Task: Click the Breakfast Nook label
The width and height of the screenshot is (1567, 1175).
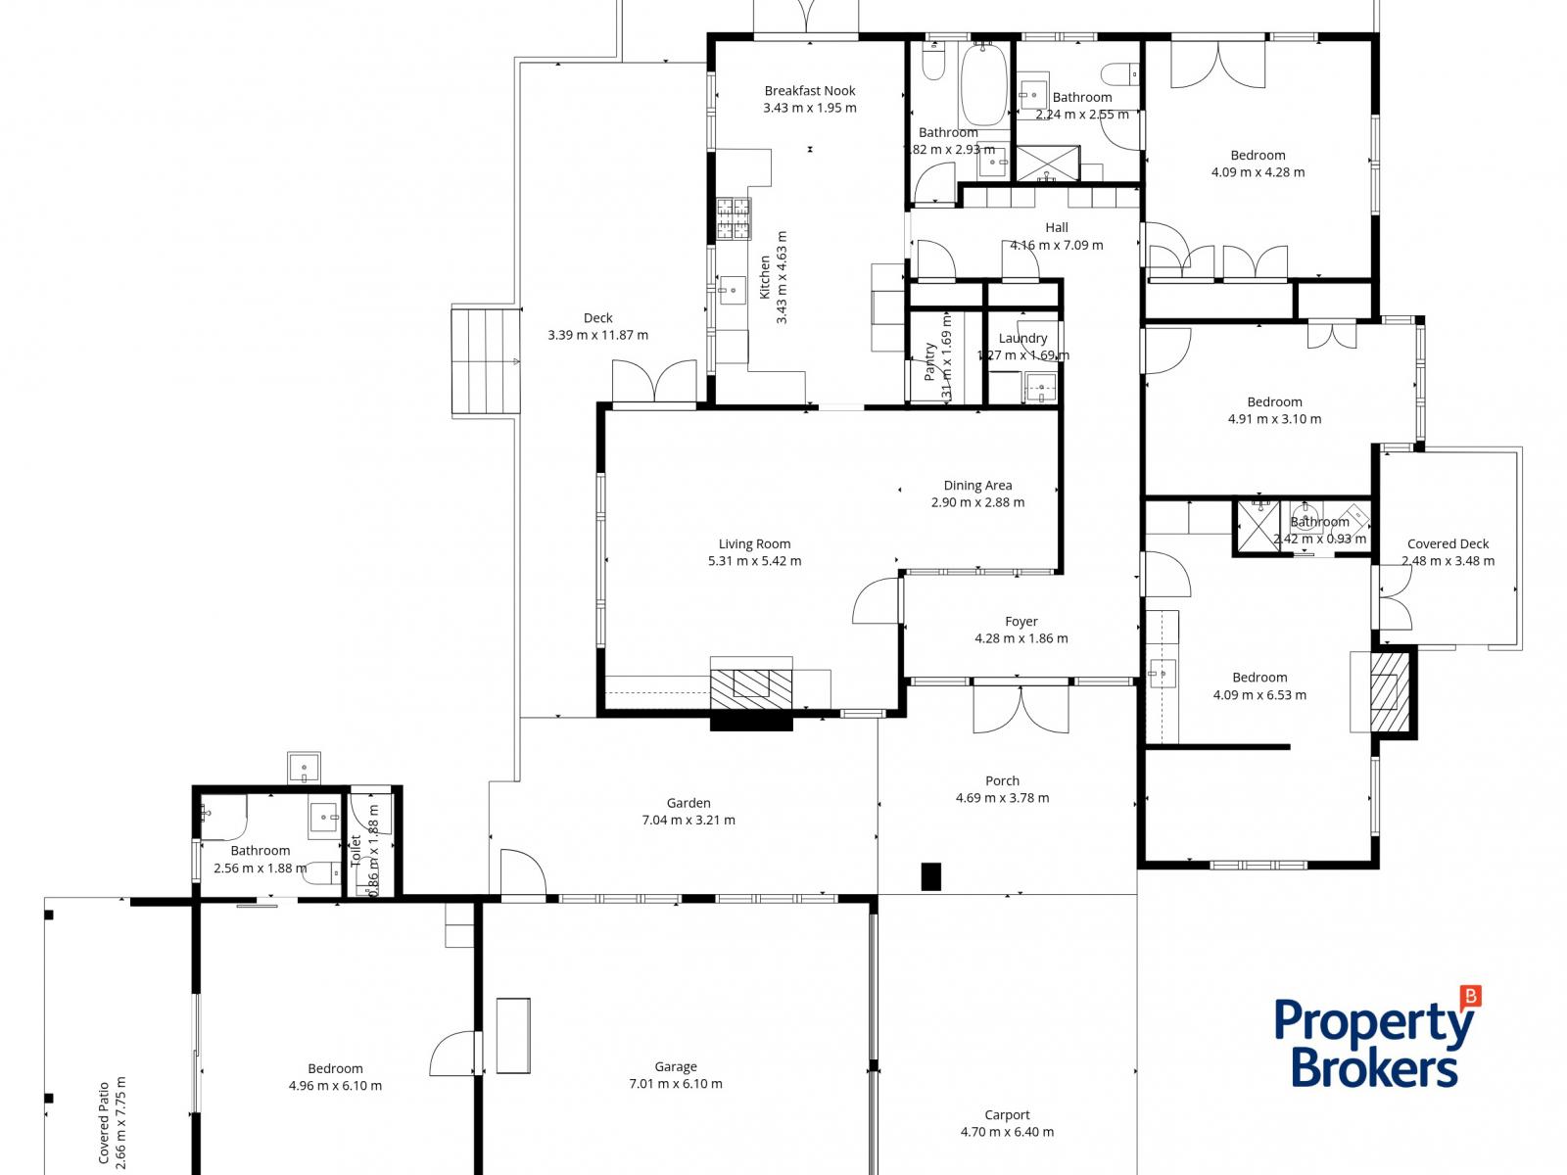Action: pos(810,91)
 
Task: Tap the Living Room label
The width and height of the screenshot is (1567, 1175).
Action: pos(754,544)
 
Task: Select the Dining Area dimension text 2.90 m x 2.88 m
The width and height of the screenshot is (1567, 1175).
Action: pos(977,502)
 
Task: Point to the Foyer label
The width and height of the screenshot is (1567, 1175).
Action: pos(1021,622)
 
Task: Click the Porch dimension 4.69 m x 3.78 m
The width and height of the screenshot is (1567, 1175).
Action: pos(1002,798)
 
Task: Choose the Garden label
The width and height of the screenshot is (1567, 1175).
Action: pos(689,803)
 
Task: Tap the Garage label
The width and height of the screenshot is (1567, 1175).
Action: pos(676,1067)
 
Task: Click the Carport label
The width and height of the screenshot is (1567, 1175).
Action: pos(1007,1115)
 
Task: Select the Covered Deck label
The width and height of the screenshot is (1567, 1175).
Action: pos(1448,544)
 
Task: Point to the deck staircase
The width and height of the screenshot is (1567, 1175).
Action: pos(486,361)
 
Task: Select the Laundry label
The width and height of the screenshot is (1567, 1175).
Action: pos(1022,339)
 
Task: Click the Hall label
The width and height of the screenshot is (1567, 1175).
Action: pos(1056,228)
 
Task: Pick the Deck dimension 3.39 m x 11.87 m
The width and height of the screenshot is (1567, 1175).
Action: pos(597,335)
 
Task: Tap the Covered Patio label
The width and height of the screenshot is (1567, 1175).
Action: pos(104,1122)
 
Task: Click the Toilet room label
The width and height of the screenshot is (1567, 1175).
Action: pos(356,851)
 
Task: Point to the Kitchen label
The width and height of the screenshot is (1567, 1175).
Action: pos(766,277)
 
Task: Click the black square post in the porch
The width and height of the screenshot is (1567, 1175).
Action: pos(931,875)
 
